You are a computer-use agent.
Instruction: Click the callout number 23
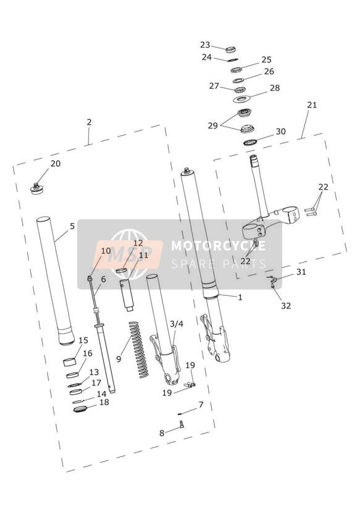point(205,45)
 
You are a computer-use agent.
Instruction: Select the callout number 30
point(281,132)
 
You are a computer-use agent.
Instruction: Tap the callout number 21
point(312,105)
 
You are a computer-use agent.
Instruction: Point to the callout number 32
point(286,306)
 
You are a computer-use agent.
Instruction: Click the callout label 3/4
point(177,324)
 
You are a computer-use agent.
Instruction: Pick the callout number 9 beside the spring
point(119,359)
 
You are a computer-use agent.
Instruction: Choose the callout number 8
point(162,433)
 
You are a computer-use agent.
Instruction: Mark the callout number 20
point(56,164)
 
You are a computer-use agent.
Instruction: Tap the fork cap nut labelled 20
point(36,188)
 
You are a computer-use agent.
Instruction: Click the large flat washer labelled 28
point(242,99)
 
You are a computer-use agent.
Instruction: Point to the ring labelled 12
point(122,271)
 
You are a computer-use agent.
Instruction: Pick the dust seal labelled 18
point(79,409)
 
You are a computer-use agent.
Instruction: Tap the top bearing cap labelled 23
point(230,49)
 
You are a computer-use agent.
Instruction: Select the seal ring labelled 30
point(250,142)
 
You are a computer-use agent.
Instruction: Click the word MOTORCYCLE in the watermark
point(218,246)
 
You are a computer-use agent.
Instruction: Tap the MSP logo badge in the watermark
point(128,254)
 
